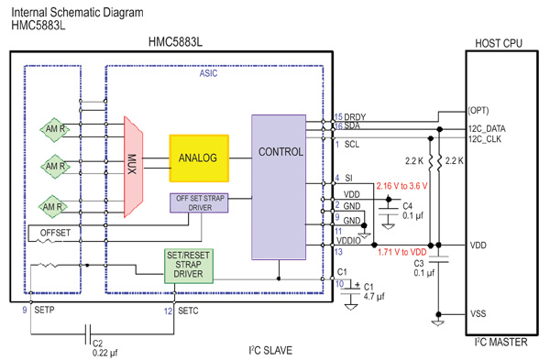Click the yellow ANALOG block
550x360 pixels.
(x=198, y=158)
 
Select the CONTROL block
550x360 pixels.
(x=280, y=151)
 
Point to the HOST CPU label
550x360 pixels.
(x=500, y=42)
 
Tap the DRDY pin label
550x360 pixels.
(x=355, y=116)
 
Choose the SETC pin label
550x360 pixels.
(x=189, y=311)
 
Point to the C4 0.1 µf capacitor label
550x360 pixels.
(x=413, y=213)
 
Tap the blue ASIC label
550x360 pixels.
(x=208, y=74)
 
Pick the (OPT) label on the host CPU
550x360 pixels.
(x=478, y=111)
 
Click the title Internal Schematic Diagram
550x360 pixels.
(x=77, y=12)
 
